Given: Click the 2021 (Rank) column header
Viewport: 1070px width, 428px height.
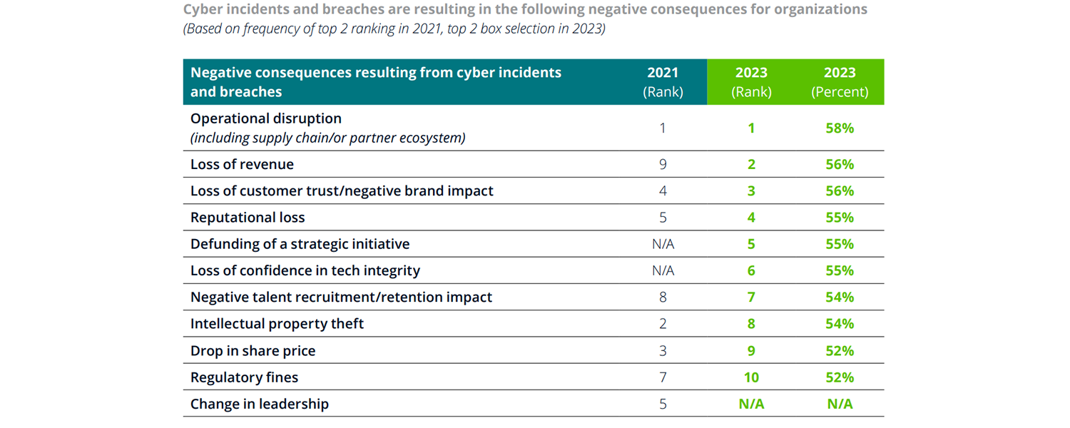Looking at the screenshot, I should click(663, 82).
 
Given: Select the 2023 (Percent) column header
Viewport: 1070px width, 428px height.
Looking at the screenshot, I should click(840, 82).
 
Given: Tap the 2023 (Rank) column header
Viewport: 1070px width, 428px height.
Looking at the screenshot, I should click(751, 82).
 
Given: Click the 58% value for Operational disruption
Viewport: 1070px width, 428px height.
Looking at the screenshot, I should click(840, 128).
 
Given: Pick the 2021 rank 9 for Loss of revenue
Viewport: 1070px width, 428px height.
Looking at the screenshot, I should click(663, 164).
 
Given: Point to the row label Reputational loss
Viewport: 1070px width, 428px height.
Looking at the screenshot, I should click(248, 218).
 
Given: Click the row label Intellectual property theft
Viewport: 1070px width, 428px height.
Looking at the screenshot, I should click(277, 324).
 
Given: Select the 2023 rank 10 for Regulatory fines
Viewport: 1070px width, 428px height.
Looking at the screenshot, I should click(751, 377).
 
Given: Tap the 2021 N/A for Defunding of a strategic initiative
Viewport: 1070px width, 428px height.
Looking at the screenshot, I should click(663, 244).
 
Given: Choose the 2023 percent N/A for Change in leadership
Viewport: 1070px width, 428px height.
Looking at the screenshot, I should click(840, 404).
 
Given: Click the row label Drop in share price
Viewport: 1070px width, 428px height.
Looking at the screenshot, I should click(253, 351).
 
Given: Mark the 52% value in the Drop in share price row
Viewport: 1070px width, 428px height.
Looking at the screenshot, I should click(840, 351).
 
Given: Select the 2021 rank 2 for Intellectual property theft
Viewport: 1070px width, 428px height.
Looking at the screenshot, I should click(663, 324).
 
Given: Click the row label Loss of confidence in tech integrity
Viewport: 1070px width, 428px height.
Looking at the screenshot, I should click(305, 271).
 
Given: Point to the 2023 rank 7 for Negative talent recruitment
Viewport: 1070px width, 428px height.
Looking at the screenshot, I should click(751, 297).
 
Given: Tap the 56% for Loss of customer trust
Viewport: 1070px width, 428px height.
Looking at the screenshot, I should click(840, 191).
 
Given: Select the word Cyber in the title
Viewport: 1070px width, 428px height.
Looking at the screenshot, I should click(202, 10).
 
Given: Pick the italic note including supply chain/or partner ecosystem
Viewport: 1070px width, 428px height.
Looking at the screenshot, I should click(327, 138).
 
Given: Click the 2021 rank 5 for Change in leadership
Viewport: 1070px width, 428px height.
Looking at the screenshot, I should click(663, 404).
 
